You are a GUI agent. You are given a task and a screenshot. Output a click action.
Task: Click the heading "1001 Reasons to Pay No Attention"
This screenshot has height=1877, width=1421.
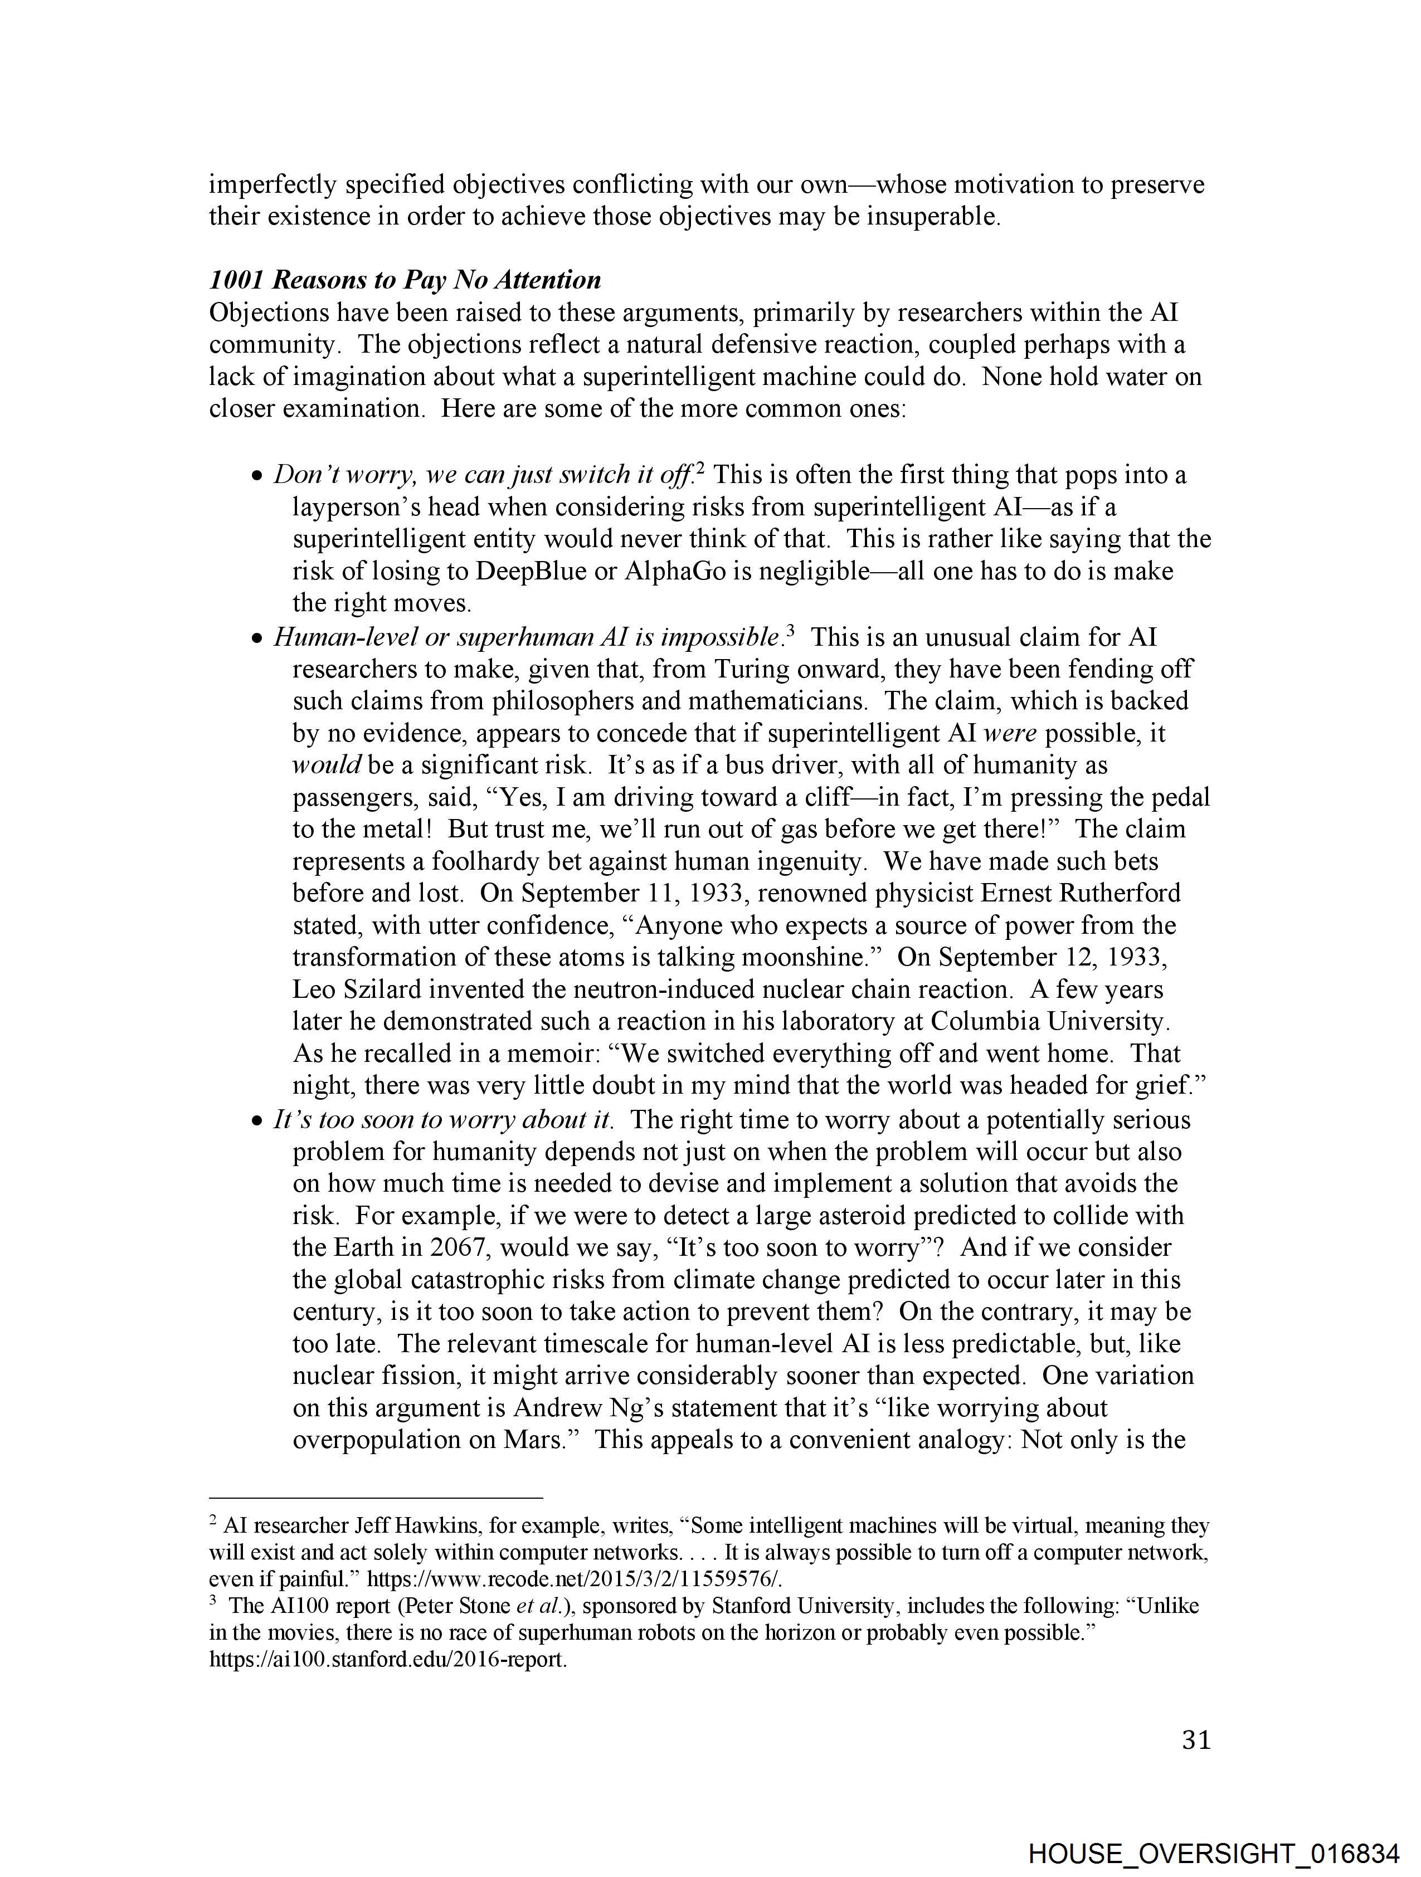point(405,280)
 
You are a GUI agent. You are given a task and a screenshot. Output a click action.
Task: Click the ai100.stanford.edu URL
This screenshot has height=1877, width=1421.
point(387,1659)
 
